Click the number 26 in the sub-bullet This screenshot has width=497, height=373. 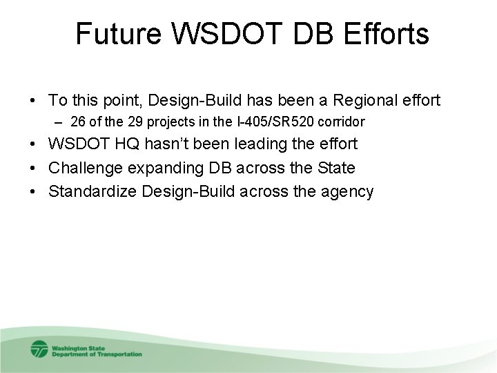point(78,122)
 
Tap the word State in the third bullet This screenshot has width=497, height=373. point(335,167)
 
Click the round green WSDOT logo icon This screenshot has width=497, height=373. point(38,348)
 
